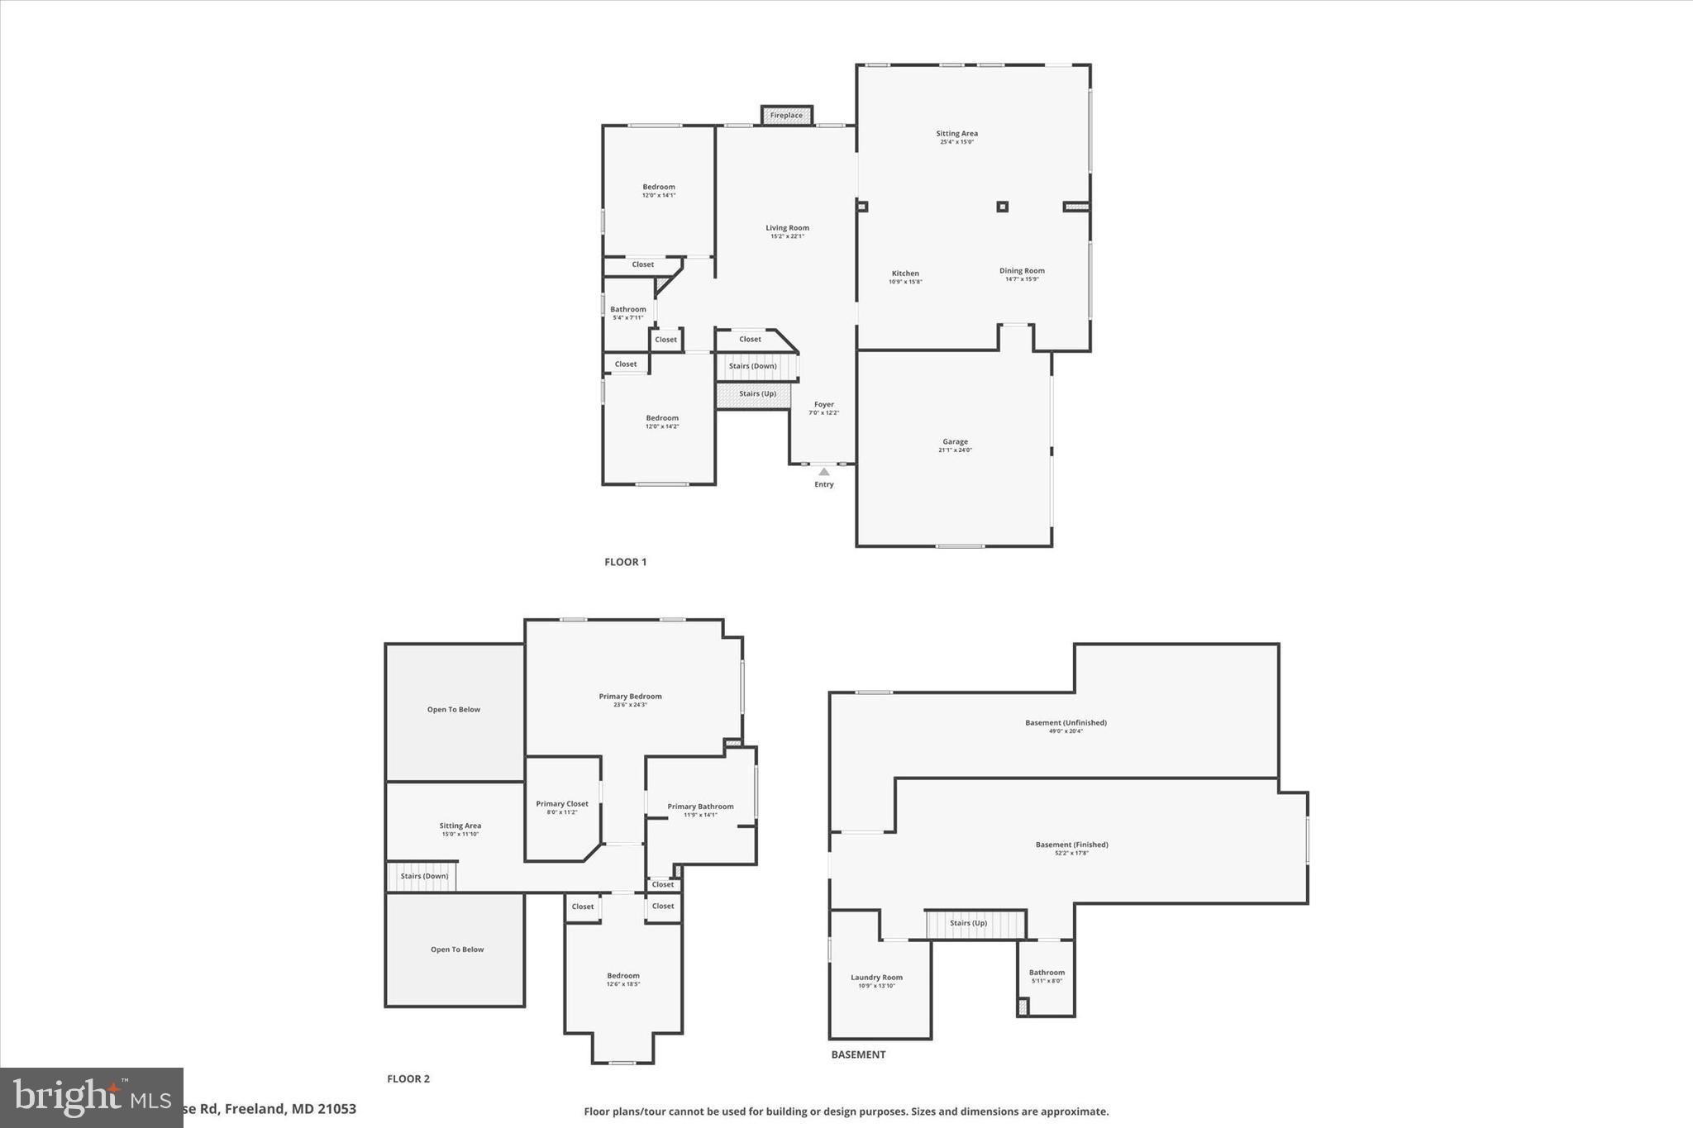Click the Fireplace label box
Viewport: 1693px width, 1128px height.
pos(786,116)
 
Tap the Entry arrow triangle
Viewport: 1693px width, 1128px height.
pos(823,472)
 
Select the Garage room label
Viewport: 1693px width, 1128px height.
pos(955,442)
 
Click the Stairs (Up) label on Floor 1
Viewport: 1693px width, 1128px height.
pos(757,394)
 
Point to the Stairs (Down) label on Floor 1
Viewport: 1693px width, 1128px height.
pos(752,366)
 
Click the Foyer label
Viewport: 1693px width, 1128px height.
pos(823,405)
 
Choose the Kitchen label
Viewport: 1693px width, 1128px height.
pos(905,274)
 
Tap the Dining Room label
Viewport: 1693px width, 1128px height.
pos(1022,271)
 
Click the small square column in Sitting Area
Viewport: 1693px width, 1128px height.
pos(1002,207)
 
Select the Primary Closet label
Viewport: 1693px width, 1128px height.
pos(562,804)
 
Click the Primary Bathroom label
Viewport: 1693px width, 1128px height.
pos(700,807)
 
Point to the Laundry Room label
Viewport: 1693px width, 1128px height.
pos(876,978)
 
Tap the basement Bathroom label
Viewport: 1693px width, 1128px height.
pos(1047,973)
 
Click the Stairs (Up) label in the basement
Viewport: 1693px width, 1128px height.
pos(968,923)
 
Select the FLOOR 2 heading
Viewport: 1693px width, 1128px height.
pos(408,1078)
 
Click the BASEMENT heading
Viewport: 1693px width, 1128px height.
pos(858,1054)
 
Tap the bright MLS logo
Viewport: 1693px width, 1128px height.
pos(91,1097)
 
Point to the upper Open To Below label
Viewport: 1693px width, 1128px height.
pos(453,710)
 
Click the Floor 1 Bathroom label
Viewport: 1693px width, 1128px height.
pos(628,310)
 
